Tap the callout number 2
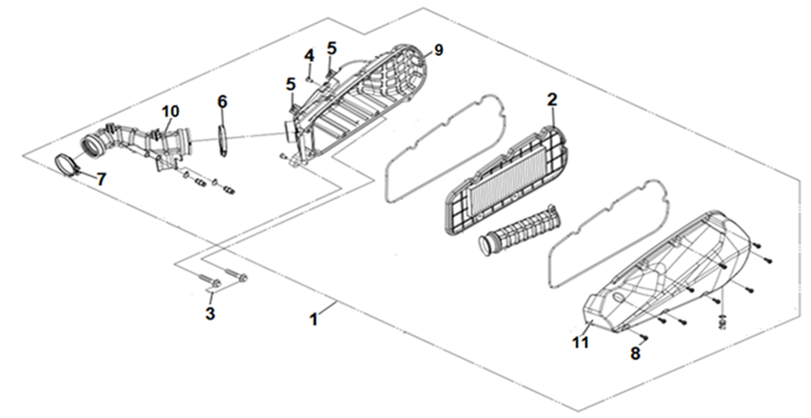(x=551, y=100)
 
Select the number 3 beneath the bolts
(x=211, y=314)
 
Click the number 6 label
(x=222, y=102)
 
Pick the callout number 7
(x=101, y=179)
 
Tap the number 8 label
(x=636, y=354)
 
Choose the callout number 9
(x=438, y=49)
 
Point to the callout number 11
(x=579, y=343)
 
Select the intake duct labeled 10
(x=140, y=144)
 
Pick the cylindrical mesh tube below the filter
(x=516, y=228)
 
